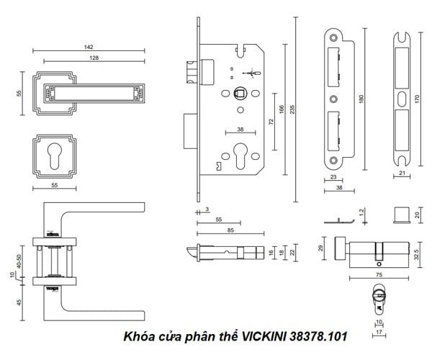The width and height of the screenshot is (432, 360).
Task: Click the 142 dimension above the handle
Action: [87, 47]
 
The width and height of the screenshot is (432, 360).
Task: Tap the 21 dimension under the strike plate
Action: [402, 174]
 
